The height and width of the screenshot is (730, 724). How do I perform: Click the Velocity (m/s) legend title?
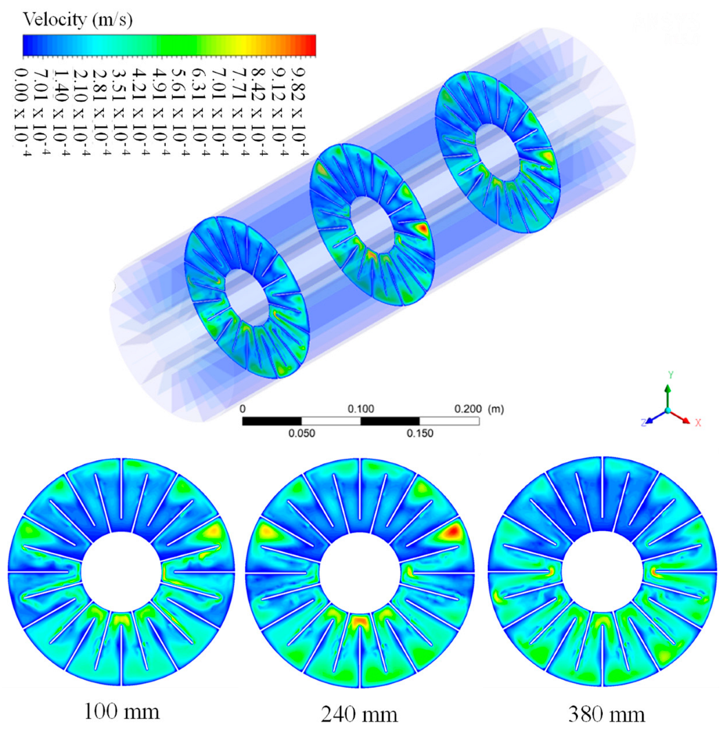(x=78, y=19)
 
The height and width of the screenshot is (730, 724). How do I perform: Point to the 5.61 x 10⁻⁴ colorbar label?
(x=180, y=112)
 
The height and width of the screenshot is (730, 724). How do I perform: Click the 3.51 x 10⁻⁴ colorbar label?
(x=120, y=112)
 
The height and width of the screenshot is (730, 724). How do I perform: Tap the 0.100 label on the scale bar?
(x=361, y=409)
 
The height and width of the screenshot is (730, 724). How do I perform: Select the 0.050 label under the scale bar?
(x=301, y=433)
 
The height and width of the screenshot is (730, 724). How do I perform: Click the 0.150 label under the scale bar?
(x=420, y=433)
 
